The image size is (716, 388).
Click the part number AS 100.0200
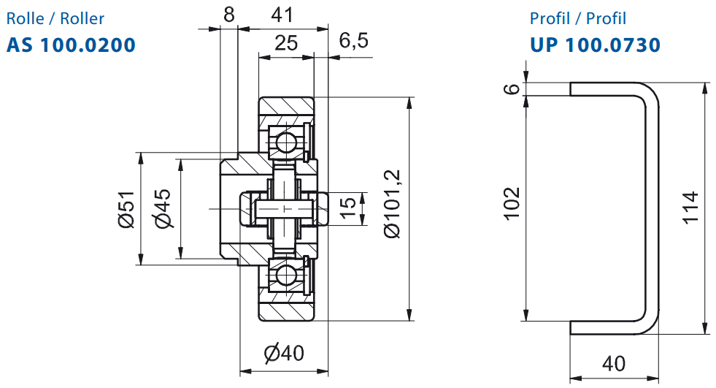(x=71, y=45)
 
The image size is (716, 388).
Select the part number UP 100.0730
(x=595, y=45)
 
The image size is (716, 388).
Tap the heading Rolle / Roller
(x=55, y=19)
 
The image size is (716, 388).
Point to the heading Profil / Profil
(x=577, y=19)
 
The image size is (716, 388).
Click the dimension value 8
(x=228, y=15)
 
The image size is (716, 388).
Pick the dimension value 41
(x=282, y=15)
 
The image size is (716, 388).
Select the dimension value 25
(x=286, y=43)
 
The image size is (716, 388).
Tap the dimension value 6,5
(x=353, y=41)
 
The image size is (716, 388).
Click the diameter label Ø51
(x=126, y=209)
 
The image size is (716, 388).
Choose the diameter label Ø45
(x=163, y=208)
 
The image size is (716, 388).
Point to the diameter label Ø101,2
(x=392, y=204)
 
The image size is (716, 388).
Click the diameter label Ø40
(x=284, y=353)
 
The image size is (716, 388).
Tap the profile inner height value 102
(x=512, y=204)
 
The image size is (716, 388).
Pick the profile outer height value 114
(x=690, y=208)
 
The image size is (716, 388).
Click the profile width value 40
(x=614, y=364)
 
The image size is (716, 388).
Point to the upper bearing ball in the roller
(x=287, y=142)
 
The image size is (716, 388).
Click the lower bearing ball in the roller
(x=287, y=275)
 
